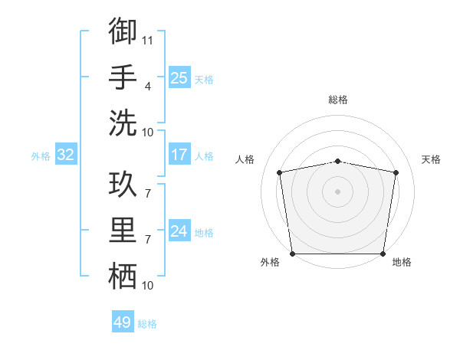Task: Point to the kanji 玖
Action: pos(123,186)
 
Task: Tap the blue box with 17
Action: pos(179,155)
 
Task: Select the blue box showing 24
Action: pos(179,231)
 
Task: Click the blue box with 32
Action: pos(65,155)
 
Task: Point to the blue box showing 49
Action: pos(122,322)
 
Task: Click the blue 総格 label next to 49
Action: pos(147,324)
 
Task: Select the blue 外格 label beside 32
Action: pos(41,156)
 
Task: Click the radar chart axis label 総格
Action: pos(337,100)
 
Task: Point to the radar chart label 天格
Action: pos(431,159)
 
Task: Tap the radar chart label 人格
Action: pos(245,159)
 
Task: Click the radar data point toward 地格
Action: pos(383,254)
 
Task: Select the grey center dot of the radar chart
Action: pos(337,191)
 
